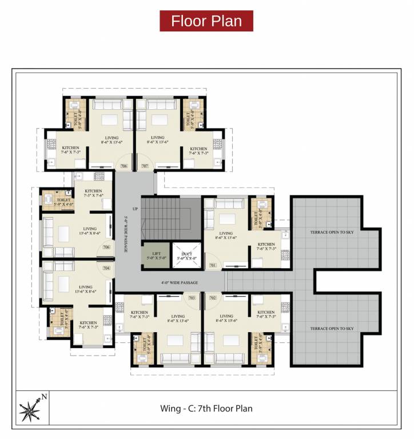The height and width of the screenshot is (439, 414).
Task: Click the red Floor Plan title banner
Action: [x=206, y=21]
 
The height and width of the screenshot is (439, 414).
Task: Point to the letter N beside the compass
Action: [x=44, y=396]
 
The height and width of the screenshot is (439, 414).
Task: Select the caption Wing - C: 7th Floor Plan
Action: [x=206, y=409]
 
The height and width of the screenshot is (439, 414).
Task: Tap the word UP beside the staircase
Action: [x=135, y=209]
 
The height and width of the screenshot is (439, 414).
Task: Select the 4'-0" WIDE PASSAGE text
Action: [x=180, y=283]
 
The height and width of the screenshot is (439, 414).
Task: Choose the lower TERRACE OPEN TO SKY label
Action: [x=332, y=329]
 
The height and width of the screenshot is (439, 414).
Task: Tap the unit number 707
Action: [x=145, y=166]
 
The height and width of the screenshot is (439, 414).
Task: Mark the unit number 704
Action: [x=106, y=268]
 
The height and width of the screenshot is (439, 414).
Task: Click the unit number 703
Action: [x=192, y=298]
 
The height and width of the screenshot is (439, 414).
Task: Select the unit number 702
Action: [x=213, y=298]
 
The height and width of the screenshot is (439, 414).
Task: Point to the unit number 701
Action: [x=213, y=265]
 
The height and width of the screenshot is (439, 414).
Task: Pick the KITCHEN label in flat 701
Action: [x=266, y=244]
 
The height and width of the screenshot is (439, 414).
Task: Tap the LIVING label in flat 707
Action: [x=157, y=138]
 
